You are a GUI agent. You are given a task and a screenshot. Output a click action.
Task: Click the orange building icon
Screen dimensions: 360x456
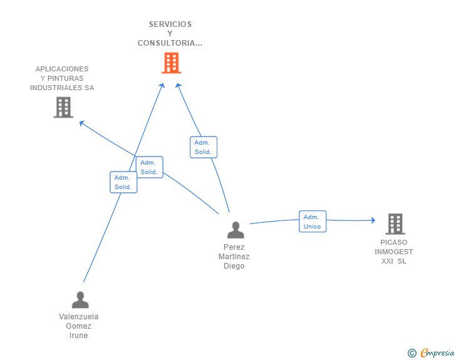coord(171,63)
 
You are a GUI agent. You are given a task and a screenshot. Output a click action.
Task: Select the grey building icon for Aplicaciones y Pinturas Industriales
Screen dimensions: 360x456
coord(63,108)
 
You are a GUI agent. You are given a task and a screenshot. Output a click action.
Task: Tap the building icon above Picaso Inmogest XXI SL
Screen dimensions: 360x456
coord(395,224)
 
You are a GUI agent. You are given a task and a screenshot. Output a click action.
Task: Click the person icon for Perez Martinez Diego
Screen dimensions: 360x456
coord(236,230)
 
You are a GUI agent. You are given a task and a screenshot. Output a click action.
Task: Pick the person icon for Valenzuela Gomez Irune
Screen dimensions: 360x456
coord(80,300)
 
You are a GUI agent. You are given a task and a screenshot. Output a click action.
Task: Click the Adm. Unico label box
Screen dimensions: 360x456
coord(312,222)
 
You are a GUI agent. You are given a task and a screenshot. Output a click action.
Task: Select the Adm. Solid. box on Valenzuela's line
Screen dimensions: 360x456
coord(123,182)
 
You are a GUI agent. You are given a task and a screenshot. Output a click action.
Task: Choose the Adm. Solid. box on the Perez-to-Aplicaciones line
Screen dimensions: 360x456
coord(149,167)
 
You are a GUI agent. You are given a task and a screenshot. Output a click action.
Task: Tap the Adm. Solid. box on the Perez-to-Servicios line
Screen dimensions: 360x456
coord(203,147)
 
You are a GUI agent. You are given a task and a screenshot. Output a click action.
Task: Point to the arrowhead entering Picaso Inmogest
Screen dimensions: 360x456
coord(372,220)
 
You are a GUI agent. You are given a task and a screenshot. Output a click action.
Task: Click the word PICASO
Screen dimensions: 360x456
coord(393,242)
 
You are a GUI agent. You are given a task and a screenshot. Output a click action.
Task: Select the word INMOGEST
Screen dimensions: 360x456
coord(394,252)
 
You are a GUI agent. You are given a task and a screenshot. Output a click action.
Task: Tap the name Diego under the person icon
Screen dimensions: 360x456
coord(234,266)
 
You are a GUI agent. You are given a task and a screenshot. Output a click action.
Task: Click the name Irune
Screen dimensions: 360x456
coord(79,336)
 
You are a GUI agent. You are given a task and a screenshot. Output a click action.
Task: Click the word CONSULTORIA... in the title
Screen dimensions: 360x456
coord(170,43)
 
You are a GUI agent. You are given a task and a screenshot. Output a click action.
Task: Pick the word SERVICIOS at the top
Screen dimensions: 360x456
coord(170,24)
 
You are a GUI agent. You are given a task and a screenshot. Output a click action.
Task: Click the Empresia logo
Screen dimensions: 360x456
coord(437,353)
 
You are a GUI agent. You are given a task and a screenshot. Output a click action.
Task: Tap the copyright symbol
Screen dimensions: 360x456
coord(412,354)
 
